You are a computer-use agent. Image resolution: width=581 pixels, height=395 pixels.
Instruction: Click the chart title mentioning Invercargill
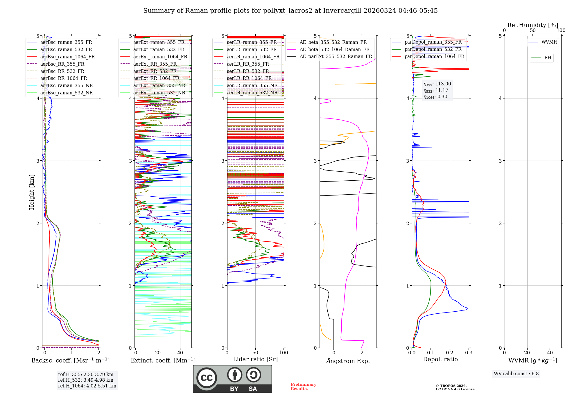point(290,11)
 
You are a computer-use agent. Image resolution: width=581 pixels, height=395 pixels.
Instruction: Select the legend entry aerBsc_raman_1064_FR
point(67,57)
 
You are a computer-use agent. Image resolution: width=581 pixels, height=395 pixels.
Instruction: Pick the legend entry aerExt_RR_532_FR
point(155,71)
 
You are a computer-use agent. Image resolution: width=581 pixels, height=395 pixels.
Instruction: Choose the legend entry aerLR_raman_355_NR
point(252,85)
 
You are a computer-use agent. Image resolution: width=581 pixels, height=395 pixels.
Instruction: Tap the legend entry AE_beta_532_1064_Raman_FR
point(334,49)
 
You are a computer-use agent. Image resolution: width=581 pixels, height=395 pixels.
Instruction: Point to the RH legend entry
point(548,58)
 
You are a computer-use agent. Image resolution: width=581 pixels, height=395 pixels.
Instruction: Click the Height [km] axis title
point(32,192)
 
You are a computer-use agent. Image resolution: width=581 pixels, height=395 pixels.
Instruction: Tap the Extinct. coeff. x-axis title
point(163,360)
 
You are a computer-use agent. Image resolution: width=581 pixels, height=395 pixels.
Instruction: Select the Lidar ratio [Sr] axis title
point(255,359)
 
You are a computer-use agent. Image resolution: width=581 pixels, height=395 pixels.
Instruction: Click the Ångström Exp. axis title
point(348,361)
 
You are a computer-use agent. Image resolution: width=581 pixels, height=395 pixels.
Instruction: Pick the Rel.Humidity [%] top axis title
point(532,25)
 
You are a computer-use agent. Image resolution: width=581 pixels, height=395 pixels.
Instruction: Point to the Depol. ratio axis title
point(440,359)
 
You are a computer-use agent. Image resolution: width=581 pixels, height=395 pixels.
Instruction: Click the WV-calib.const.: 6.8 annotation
point(516,374)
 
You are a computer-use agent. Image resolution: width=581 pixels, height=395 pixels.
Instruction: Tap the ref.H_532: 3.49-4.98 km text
point(85,380)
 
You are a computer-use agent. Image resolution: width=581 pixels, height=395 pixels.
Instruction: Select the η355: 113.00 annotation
point(437,84)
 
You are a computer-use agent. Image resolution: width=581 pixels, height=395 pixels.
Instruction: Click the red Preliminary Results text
point(303,387)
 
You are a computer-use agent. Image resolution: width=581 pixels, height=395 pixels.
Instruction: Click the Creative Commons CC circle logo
point(207,378)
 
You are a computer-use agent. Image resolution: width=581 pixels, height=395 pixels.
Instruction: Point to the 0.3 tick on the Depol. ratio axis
point(469,353)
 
